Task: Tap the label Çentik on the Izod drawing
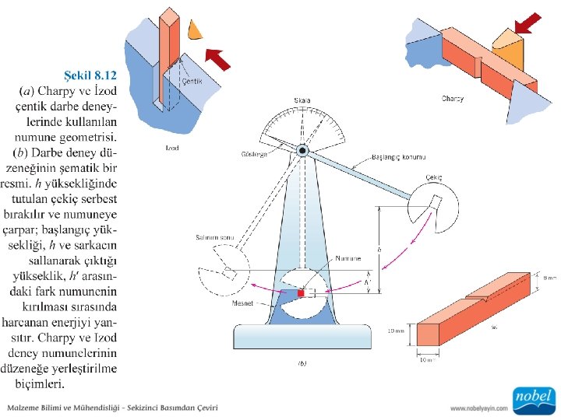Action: [x=192, y=81]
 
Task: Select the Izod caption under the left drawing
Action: [x=172, y=148]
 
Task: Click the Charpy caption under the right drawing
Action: [x=453, y=99]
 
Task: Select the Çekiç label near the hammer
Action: [x=434, y=177]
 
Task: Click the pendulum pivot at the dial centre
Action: [x=302, y=150]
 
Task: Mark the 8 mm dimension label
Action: [x=550, y=277]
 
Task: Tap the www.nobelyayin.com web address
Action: [x=479, y=408]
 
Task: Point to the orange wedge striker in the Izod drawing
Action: [x=195, y=29]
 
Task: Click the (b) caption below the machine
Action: [x=302, y=362]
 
